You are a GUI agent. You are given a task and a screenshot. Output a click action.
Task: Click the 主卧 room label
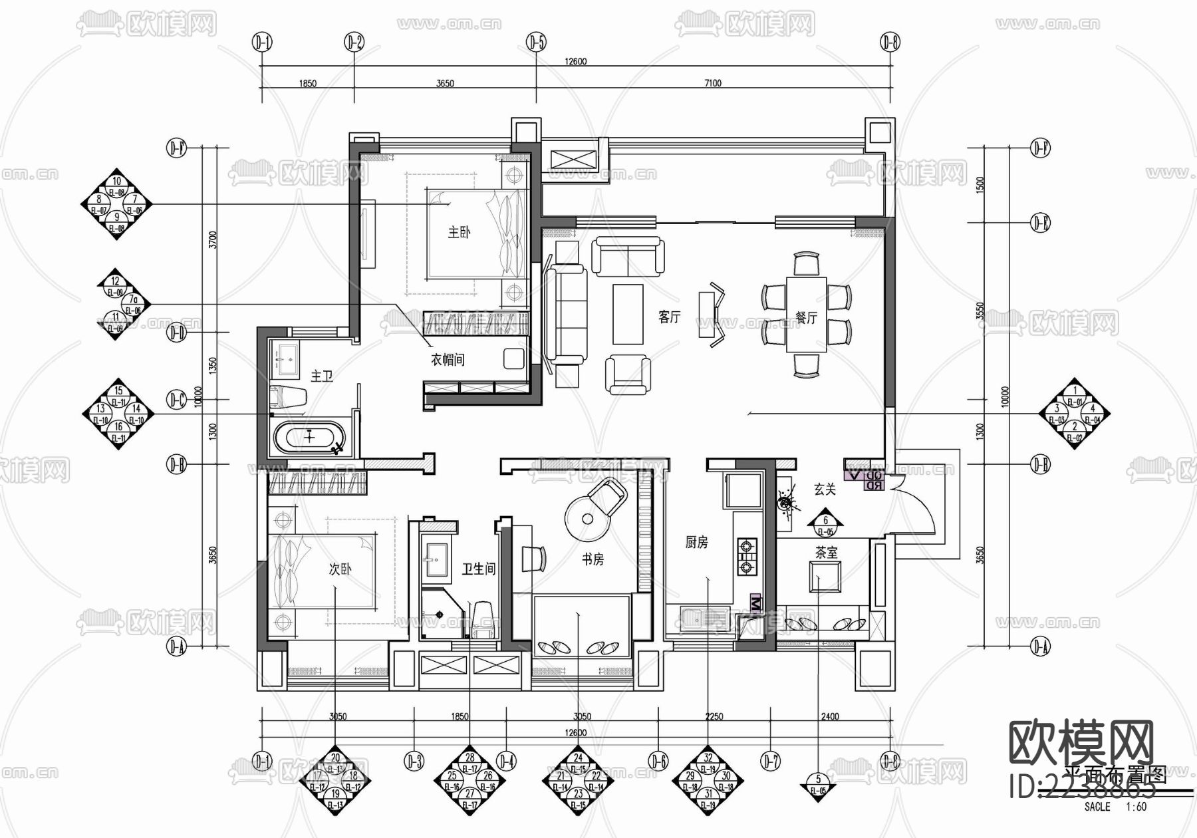coord(459,232)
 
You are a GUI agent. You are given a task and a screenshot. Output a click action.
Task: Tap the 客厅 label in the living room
coord(669,317)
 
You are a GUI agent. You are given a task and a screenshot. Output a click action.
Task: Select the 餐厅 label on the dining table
coord(806,318)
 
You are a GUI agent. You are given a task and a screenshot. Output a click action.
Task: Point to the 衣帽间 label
coord(448,360)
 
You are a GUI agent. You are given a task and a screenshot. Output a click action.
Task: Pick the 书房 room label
coord(593,560)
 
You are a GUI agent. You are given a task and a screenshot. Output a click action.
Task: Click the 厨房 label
coord(696,543)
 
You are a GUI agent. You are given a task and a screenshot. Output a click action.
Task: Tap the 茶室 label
coord(827,552)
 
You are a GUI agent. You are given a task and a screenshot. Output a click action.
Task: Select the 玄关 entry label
coord(825,489)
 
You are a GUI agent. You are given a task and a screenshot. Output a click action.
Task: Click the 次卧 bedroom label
coord(340,569)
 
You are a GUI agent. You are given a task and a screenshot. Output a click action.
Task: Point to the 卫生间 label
coord(479,569)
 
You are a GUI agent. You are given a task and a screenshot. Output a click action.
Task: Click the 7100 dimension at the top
coord(712,83)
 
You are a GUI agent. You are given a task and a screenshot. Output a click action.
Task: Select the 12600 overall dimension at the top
coord(576,61)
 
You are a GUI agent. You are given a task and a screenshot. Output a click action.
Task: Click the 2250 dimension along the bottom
coord(714,716)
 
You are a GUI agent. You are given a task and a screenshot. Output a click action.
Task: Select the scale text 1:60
coord(1136,807)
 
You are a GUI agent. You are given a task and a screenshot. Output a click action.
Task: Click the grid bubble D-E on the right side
coord(1040,223)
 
